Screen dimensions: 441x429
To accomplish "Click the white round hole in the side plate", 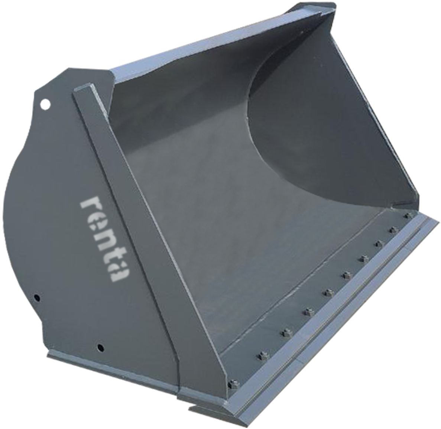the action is coord(45,104).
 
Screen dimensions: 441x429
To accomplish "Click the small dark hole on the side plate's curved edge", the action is coord(36,298).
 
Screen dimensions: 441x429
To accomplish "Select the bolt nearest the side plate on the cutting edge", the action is coord(233,383).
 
